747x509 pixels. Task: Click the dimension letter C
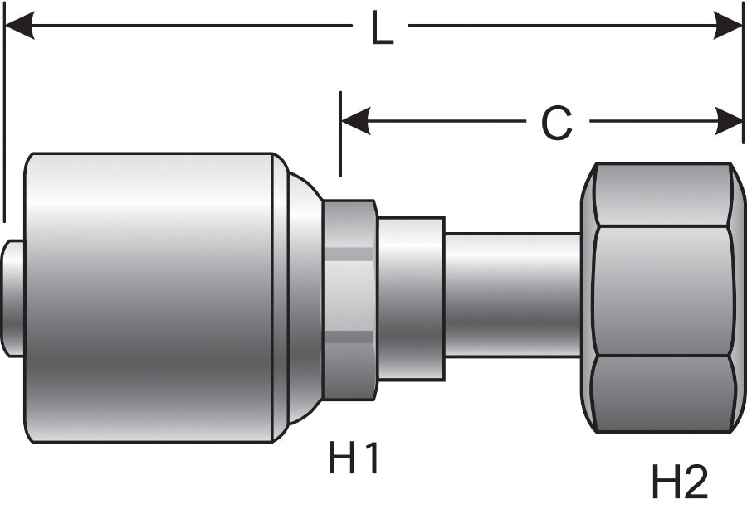click(556, 124)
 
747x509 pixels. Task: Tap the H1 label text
click(354, 458)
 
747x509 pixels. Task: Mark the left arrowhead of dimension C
click(354, 122)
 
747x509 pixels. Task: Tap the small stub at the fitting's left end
click(12, 298)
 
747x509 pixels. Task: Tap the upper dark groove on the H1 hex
click(349, 253)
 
